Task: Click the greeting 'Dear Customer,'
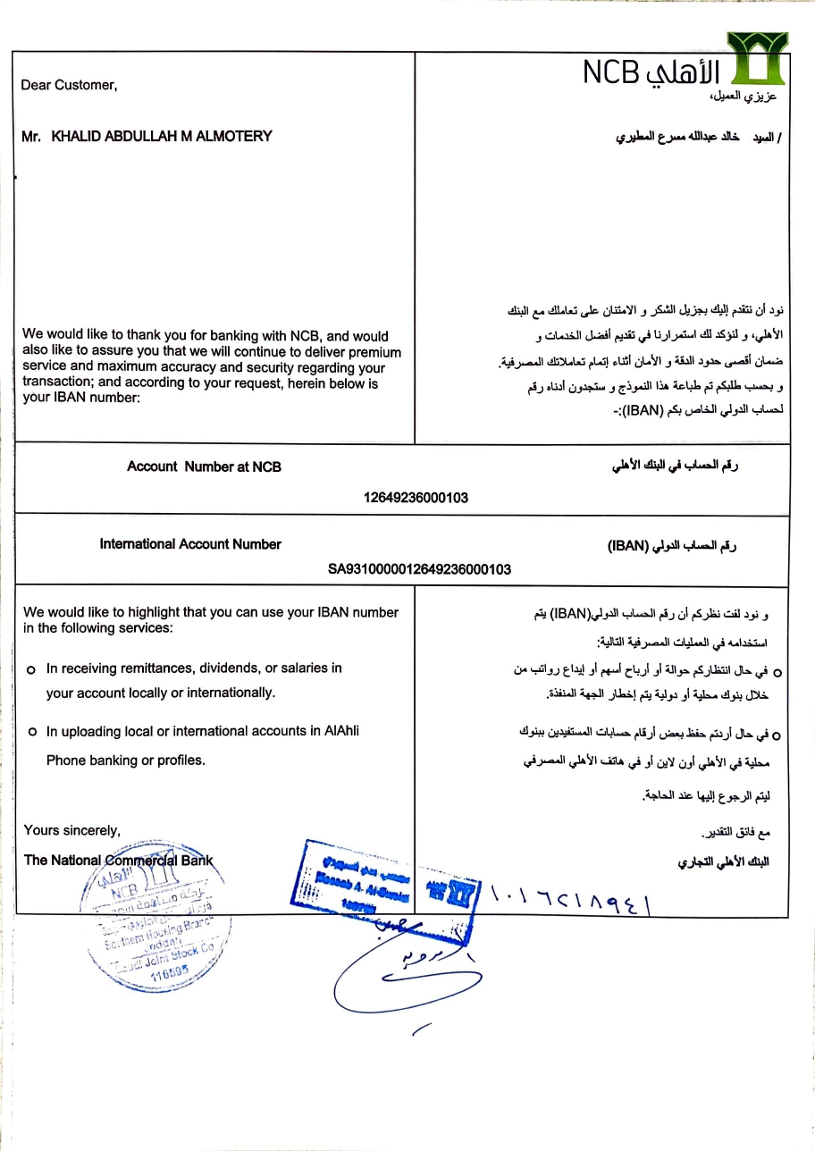(x=69, y=85)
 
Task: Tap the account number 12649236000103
(x=416, y=498)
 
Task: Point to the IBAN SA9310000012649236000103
(x=420, y=568)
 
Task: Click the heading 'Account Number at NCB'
(x=204, y=466)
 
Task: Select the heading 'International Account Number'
(x=190, y=544)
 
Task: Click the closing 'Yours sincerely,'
(x=71, y=830)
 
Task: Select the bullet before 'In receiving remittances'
(x=31, y=668)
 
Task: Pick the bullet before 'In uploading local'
(x=31, y=732)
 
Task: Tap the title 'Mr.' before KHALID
(x=31, y=136)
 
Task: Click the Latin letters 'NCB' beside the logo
(x=612, y=73)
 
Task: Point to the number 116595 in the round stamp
(x=169, y=976)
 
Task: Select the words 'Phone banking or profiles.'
(x=126, y=760)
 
